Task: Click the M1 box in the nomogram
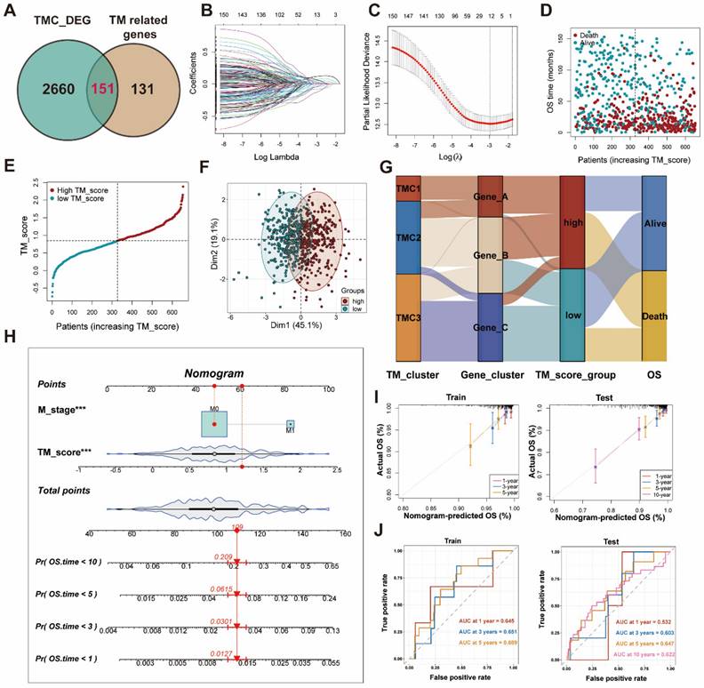[x=289, y=426]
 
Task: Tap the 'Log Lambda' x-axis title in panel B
[x=262, y=157]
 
